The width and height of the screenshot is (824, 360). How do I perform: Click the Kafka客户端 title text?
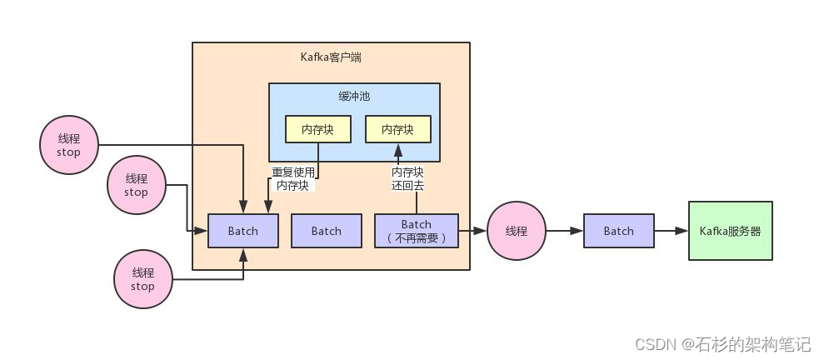click(x=331, y=57)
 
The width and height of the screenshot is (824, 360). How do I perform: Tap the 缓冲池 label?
click(x=354, y=97)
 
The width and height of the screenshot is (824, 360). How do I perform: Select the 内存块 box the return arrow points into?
click(x=397, y=129)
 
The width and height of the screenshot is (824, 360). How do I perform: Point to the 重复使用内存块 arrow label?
click(x=292, y=178)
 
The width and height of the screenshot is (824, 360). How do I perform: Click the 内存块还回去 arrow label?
click(x=407, y=178)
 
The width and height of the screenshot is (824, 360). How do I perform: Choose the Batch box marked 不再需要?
click(x=416, y=231)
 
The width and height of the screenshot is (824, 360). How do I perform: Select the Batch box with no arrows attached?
click(x=326, y=231)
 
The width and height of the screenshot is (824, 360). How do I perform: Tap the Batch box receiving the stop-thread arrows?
click(x=242, y=231)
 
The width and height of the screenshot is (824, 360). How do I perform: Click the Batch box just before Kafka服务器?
click(x=618, y=231)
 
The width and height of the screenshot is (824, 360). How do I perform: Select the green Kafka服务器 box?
click(x=730, y=231)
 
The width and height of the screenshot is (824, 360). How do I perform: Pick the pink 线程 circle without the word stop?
click(x=517, y=231)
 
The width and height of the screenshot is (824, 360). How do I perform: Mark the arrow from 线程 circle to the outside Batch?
click(x=564, y=231)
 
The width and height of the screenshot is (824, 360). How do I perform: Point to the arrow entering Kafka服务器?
click(x=670, y=231)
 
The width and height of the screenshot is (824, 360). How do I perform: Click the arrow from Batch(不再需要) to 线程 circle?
click(x=472, y=231)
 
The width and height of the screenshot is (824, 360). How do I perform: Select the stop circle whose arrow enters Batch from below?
click(x=142, y=279)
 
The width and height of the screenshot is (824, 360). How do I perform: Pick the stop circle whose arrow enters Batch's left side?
click(x=136, y=185)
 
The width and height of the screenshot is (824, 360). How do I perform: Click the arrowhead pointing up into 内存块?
click(x=397, y=150)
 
